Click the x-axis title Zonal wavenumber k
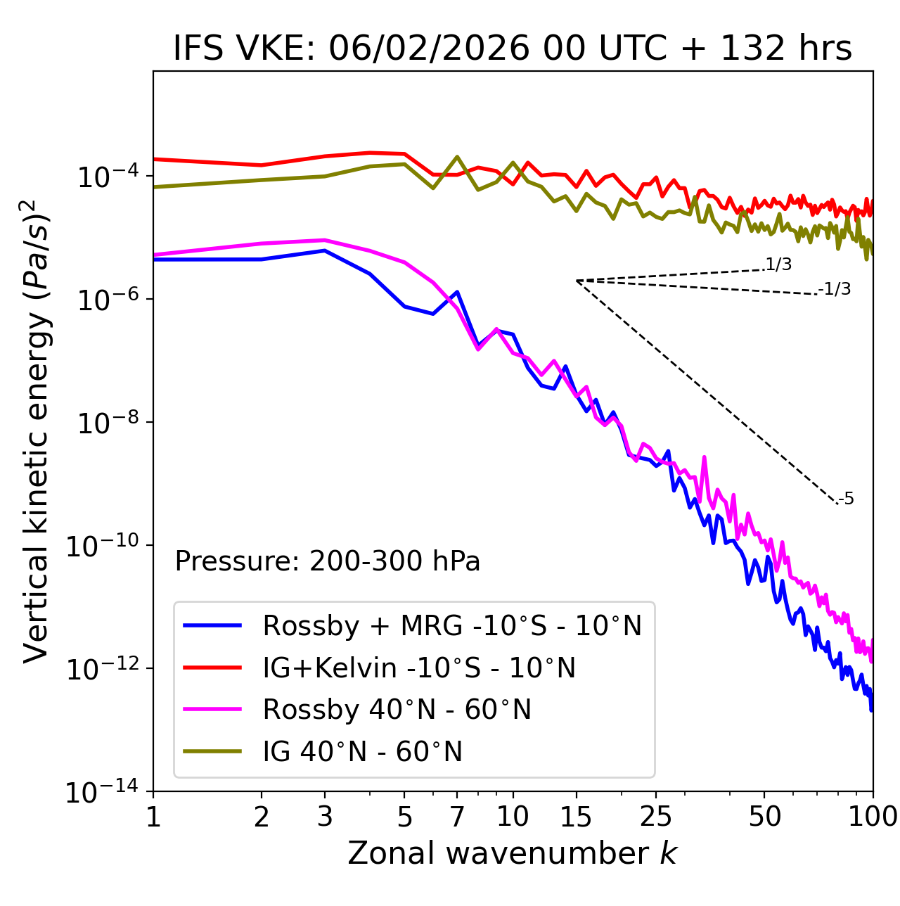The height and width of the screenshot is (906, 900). point(512,853)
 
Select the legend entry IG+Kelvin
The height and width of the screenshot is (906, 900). point(419,668)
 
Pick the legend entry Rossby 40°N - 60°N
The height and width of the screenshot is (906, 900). point(397,710)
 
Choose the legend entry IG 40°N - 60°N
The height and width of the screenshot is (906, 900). point(362,752)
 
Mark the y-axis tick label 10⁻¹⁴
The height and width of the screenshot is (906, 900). point(103,793)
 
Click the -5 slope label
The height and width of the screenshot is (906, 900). point(846,499)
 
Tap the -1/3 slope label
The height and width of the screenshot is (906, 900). point(835,289)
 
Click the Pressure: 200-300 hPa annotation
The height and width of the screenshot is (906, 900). point(327,561)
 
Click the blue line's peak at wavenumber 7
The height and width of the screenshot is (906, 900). point(457,292)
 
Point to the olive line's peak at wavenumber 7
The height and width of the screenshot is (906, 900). point(457,157)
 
